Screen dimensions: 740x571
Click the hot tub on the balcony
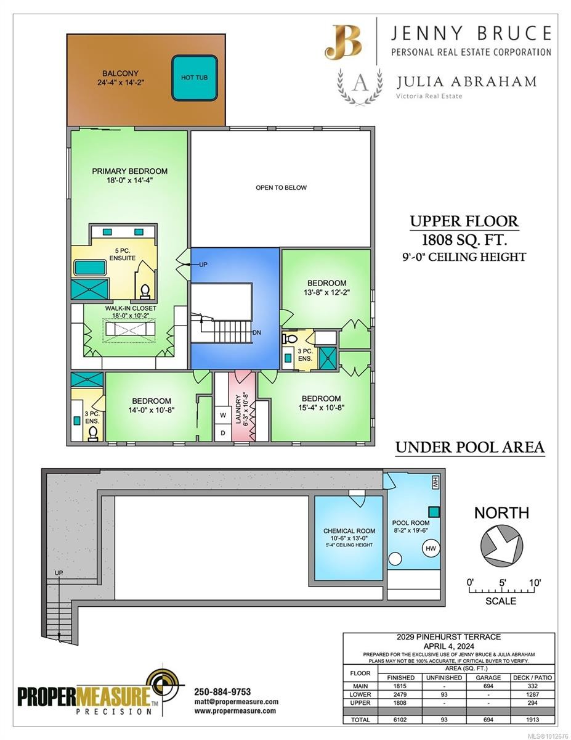(194, 78)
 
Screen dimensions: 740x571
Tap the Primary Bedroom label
(129, 176)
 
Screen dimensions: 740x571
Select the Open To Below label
(281, 187)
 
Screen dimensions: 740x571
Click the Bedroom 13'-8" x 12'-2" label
(326, 288)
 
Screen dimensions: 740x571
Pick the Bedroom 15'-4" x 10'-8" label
(321, 403)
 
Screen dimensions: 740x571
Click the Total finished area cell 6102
(395, 720)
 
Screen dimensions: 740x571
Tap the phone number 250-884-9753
(222, 691)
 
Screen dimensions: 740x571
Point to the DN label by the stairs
(257, 332)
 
